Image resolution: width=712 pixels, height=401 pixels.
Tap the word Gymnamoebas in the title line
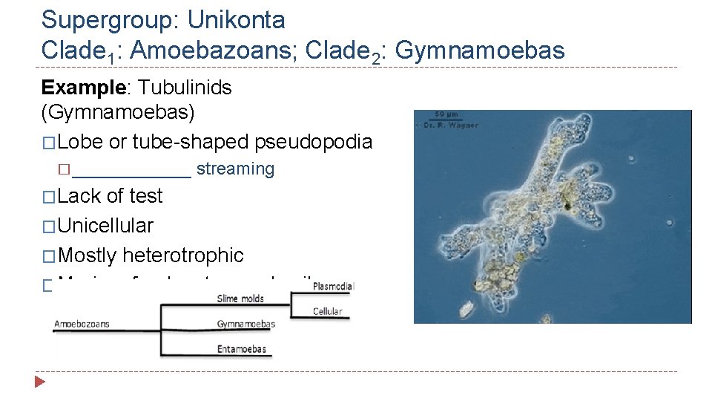pos(481,50)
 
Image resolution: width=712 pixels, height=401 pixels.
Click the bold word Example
pos(82,88)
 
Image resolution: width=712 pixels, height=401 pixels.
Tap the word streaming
pos(235,169)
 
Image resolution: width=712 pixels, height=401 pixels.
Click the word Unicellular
pos(105,225)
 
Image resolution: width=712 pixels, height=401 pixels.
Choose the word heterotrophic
pos(182,255)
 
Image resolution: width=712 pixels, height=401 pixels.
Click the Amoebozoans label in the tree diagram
pos(83,324)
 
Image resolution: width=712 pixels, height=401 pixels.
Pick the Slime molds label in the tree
pos(240,299)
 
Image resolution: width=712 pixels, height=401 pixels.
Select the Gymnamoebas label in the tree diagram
pos(246,324)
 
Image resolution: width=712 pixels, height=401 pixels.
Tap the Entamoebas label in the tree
pos(242,349)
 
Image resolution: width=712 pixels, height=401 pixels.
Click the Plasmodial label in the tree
pos(334,286)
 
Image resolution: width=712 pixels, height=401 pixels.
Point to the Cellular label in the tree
pos(328,311)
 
